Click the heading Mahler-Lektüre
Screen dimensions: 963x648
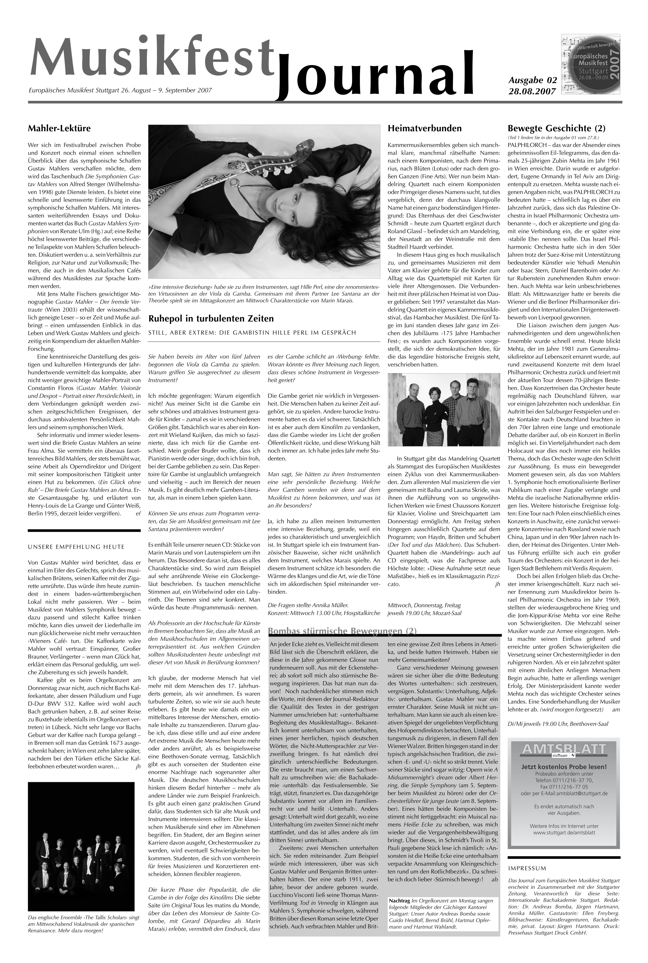[59, 129]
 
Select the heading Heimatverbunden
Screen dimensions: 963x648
[424, 129]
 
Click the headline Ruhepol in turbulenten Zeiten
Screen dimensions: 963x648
[211, 319]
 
